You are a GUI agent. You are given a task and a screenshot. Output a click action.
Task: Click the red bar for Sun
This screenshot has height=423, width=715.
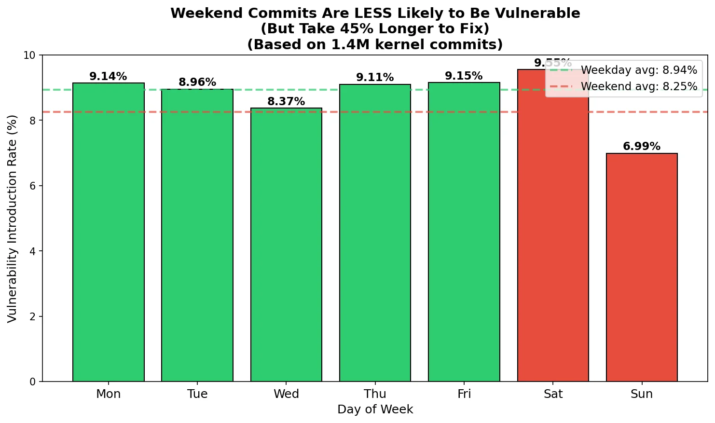point(642,267)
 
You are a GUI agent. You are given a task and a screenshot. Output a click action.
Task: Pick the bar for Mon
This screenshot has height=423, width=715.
point(109,232)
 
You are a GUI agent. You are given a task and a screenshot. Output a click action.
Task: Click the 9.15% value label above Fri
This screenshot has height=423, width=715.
point(464,76)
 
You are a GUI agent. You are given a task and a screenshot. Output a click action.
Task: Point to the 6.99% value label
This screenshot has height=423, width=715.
point(642,147)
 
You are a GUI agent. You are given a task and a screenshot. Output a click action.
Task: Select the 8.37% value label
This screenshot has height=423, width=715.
point(286,102)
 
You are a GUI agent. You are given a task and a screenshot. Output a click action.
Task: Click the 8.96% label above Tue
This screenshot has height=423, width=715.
point(197,82)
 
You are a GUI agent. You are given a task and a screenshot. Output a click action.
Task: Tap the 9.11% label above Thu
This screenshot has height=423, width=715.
point(375,78)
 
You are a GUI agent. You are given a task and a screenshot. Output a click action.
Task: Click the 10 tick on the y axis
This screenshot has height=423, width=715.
point(29,55)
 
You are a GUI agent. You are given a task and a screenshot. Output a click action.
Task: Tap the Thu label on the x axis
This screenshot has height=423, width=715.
point(375,394)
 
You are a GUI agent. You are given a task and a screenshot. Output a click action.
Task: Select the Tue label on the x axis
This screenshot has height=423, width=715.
point(197,394)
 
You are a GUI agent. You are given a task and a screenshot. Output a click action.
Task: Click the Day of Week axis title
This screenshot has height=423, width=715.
point(375,409)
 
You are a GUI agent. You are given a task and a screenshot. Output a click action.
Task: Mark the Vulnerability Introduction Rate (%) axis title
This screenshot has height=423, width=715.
point(13,218)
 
